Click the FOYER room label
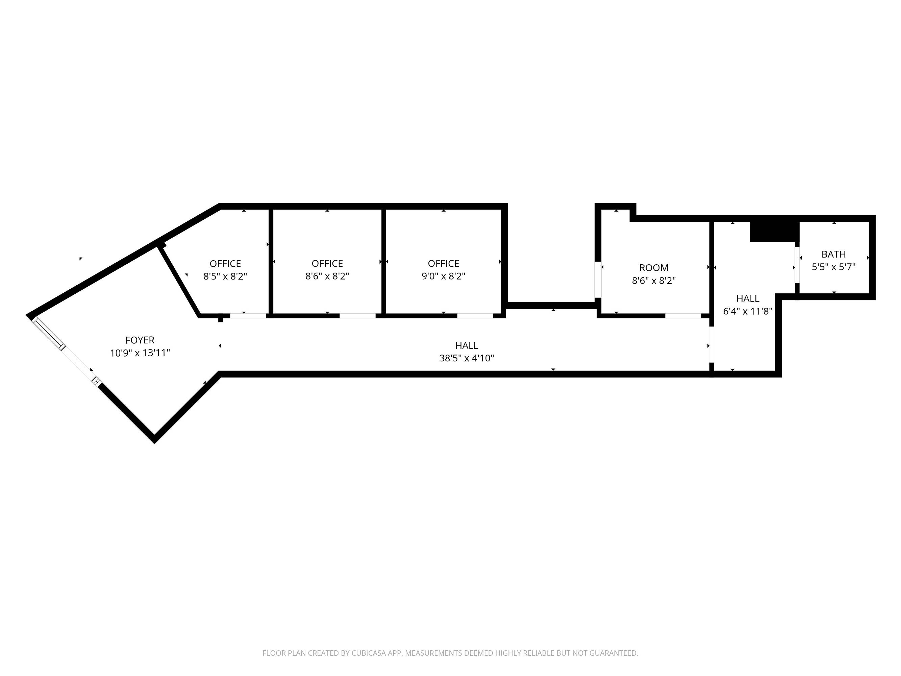(x=140, y=340)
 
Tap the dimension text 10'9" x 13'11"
(x=140, y=353)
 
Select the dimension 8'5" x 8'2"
(x=225, y=276)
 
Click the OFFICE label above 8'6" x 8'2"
(x=327, y=263)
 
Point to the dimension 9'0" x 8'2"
(x=443, y=276)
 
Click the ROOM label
(x=654, y=268)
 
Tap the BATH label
(x=833, y=254)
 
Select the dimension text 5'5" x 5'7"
(x=833, y=267)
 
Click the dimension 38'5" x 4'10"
(x=467, y=358)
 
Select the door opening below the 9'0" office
(x=475, y=316)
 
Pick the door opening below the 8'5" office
(x=248, y=316)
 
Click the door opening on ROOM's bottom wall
(x=683, y=316)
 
